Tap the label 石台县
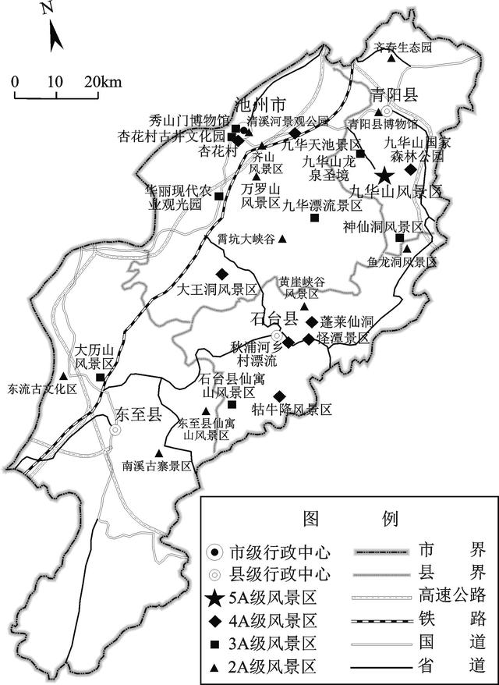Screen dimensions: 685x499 click(274, 318)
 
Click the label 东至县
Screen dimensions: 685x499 click(137, 413)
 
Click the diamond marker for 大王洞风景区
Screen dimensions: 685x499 click(222, 273)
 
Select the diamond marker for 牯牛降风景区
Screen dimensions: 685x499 click(278, 395)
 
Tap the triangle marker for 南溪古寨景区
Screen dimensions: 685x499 click(159, 453)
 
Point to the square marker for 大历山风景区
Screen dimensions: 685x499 click(101, 378)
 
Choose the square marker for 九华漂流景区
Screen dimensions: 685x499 click(314, 218)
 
